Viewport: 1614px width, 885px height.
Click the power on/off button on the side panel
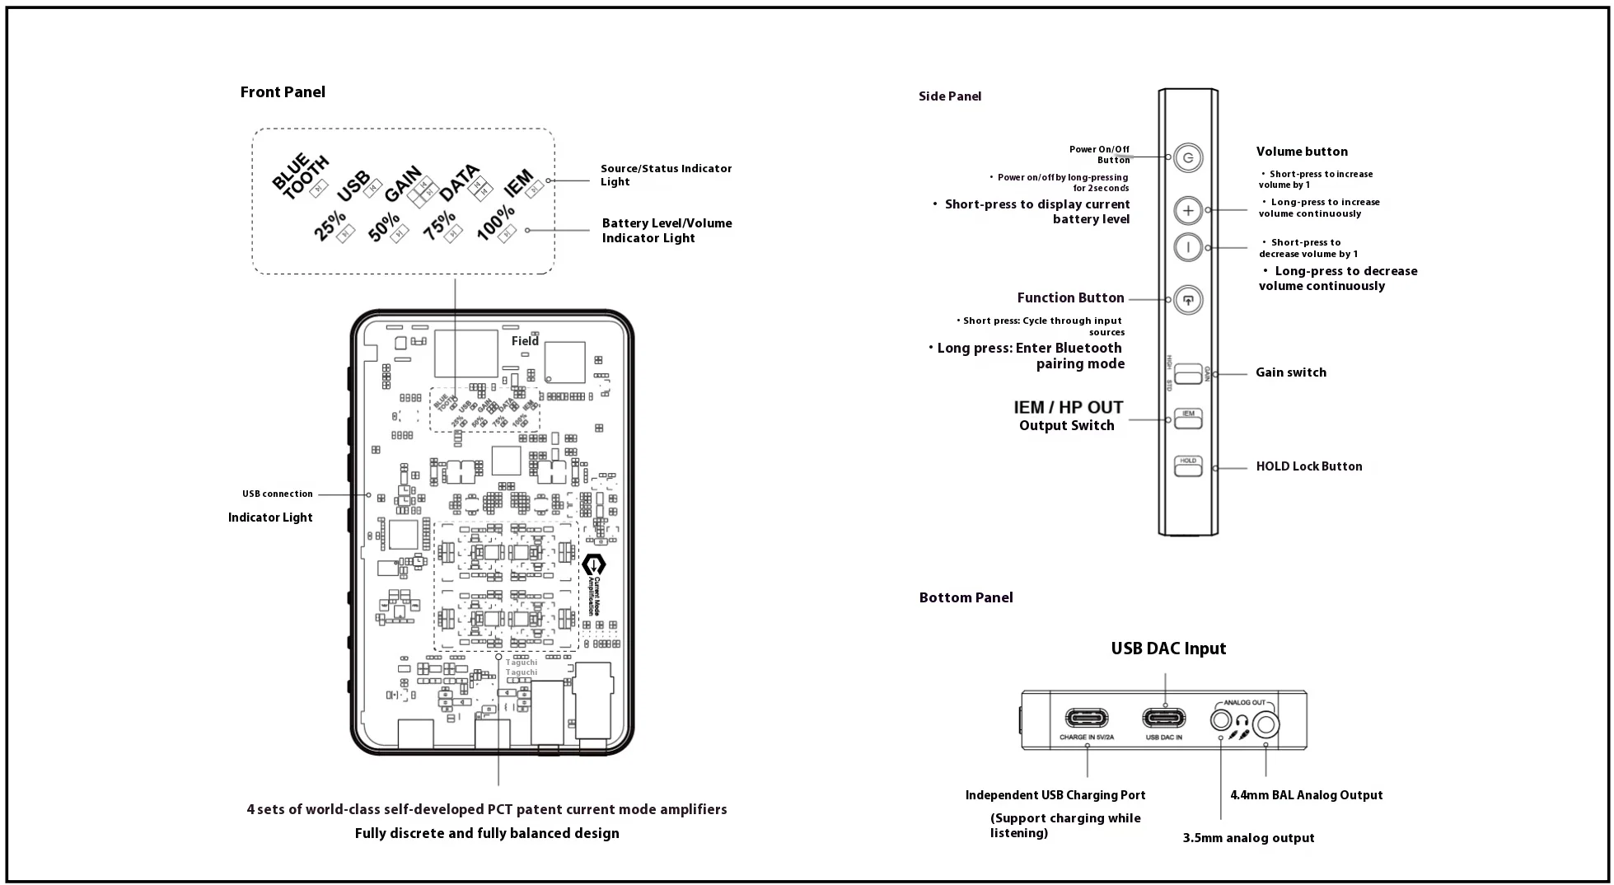tap(1187, 157)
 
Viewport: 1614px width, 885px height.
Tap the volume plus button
tap(1187, 211)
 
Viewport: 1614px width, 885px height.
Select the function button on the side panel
tap(1187, 300)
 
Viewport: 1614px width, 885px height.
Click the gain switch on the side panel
tap(1187, 374)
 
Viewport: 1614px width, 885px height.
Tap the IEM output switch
tap(1187, 419)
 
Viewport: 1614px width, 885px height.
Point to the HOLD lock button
tap(1187, 466)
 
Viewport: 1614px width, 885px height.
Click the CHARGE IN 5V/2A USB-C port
tap(1086, 719)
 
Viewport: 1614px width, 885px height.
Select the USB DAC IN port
tap(1163, 719)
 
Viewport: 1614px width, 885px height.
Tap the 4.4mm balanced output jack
tap(1265, 723)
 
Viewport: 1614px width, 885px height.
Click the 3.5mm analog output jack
tap(1220, 720)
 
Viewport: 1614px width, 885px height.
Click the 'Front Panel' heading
tap(283, 92)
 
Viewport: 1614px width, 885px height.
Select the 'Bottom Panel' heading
tap(966, 598)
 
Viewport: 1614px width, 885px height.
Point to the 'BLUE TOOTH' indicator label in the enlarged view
tap(300, 176)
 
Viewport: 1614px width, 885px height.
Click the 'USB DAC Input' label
tap(1167, 649)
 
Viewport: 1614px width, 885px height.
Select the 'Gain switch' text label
tap(1290, 372)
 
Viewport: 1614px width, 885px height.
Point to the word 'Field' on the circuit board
tap(525, 341)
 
